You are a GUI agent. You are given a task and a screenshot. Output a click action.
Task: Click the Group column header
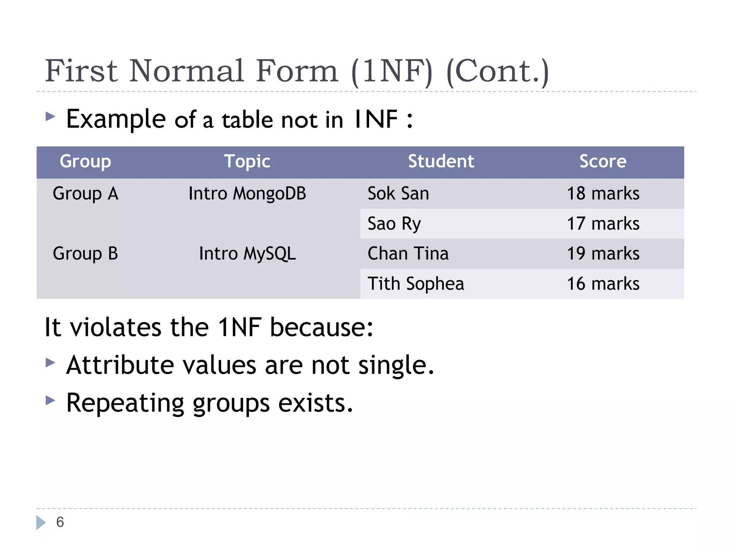[x=85, y=162]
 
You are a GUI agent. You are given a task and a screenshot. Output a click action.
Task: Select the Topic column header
[x=247, y=162]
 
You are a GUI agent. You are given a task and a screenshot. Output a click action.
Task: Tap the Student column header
[x=441, y=162]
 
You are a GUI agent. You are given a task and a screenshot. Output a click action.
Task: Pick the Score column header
[x=603, y=162]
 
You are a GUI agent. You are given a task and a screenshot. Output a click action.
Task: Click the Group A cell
[x=85, y=194]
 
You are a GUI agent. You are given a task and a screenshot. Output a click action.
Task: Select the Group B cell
[x=85, y=254]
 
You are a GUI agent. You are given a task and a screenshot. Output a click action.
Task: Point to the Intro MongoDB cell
[x=247, y=194]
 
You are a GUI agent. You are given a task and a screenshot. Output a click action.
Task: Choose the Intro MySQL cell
[x=247, y=254]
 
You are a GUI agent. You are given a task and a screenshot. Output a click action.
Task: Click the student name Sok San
[x=398, y=194]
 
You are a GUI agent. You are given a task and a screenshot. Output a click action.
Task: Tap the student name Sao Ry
[x=394, y=224]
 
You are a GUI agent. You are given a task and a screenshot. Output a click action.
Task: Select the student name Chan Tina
[x=408, y=254]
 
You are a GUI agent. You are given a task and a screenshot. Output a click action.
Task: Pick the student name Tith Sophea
[x=416, y=284]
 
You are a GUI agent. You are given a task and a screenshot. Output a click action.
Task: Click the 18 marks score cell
[x=603, y=194]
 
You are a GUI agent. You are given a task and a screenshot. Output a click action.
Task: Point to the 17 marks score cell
[x=603, y=224]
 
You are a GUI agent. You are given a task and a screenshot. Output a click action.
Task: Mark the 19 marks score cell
[x=603, y=254]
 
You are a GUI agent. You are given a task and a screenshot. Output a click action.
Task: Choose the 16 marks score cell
[x=603, y=284]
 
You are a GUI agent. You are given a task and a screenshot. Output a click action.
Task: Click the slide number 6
[x=60, y=522]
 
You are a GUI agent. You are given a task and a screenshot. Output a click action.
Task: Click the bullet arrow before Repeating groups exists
[x=50, y=400]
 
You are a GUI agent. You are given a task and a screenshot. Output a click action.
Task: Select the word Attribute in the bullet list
[x=120, y=365]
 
